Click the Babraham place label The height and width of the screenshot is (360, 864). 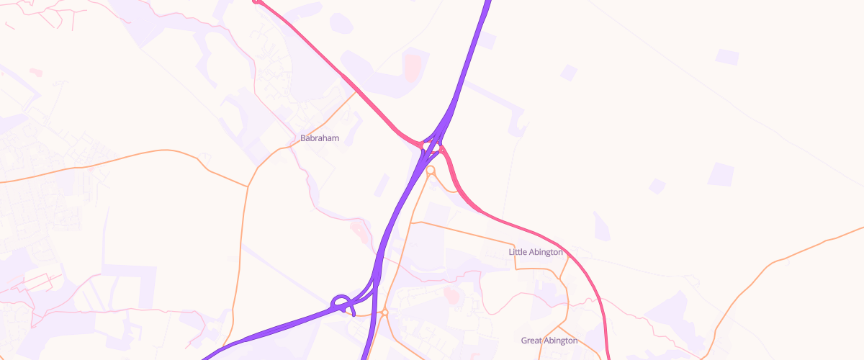tap(319, 138)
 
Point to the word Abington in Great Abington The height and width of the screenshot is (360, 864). tap(562, 341)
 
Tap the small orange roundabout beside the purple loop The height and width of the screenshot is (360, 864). tap(384, 312)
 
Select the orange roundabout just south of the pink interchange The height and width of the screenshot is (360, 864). tap(431, 171)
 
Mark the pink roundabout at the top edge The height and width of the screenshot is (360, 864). tap(256, 1)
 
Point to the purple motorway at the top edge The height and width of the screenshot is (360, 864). tap(487, 3)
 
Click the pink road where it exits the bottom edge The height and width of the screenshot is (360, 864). tap(608, 357)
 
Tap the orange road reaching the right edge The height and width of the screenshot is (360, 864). tap(860, 228)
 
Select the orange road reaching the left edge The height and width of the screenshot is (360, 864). tap(3, 182)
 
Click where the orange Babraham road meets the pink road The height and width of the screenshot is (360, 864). tap(356, 91)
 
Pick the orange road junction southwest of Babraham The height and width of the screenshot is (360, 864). tap(248, 186)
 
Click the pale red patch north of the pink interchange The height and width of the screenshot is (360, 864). tap(412, 66)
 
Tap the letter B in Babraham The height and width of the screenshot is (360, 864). tap(302, 138)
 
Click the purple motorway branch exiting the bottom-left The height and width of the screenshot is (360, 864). tap(209, 355)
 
